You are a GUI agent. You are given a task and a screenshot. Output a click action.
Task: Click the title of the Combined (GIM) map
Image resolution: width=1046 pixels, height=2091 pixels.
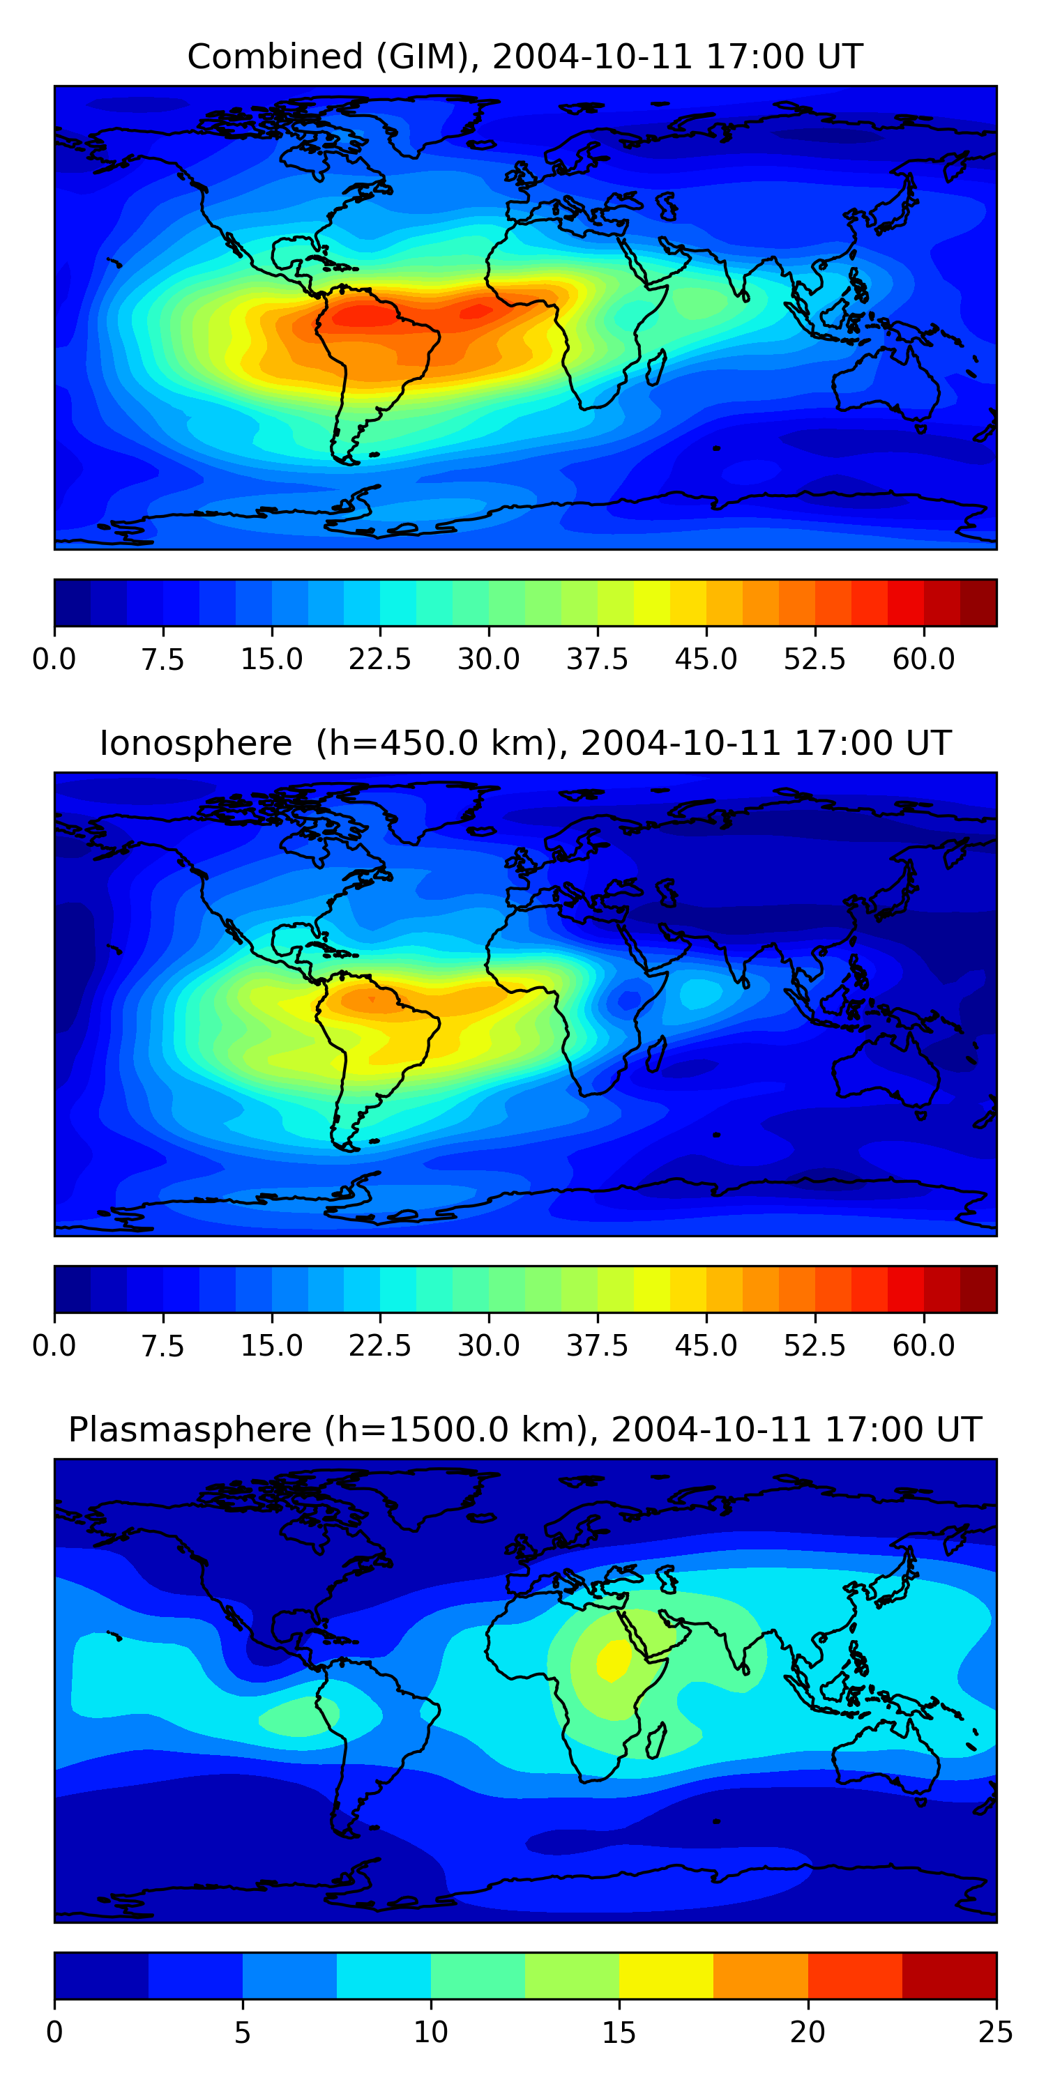click(524, 57)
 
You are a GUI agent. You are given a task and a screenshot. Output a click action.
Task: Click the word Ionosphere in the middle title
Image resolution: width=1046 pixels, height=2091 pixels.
click(195, 744)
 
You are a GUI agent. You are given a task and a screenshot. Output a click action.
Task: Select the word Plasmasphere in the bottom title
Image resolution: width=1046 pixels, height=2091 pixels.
click(189, 1430)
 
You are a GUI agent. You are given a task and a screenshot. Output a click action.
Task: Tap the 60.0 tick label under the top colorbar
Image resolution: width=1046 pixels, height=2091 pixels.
click(923, 659)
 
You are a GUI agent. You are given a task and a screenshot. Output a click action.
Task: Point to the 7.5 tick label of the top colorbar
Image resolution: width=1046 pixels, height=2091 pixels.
click(162, 659)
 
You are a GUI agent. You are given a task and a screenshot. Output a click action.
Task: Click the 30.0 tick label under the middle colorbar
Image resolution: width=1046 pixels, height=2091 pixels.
click(489, 1346)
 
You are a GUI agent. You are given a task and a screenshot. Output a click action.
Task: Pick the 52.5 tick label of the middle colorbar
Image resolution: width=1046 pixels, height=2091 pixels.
click(814, 1346)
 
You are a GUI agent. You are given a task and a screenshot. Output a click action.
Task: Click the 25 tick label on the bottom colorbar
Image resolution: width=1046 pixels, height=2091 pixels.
click(996, 2032)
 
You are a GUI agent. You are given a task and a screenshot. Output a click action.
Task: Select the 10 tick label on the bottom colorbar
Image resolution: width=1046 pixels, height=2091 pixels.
click(430, 2032)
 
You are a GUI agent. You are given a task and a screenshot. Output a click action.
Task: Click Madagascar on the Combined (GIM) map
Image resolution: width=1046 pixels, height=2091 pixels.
click(657, 367)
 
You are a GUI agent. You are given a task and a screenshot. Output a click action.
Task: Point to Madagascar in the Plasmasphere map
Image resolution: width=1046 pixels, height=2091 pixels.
click(657, 1740)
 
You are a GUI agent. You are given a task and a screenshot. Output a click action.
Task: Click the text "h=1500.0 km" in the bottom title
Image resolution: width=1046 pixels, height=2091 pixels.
click(455, 1430)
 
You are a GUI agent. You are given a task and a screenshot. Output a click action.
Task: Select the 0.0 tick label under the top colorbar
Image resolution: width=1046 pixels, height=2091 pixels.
click(54, 659)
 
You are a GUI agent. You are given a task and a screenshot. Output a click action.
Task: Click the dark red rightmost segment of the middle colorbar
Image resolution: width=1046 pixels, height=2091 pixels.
click(978, 1289)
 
